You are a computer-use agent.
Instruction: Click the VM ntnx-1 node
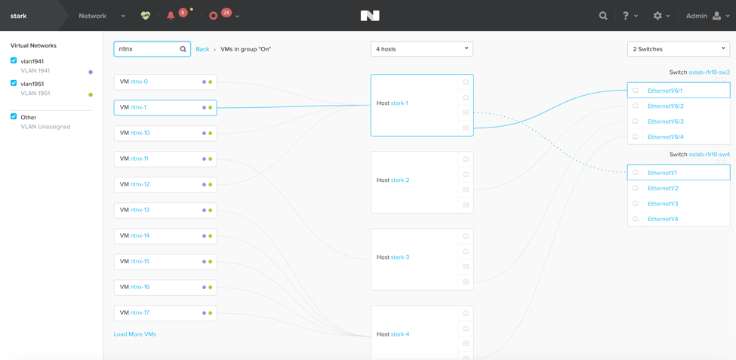[165, 107]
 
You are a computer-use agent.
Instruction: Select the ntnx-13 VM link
[140, 210]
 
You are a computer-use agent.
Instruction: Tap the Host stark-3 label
[393, 257]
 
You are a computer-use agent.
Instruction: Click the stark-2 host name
[400, 180]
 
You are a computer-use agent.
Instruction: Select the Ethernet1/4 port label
[663, 219]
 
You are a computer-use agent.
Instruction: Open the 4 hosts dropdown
[421, 49]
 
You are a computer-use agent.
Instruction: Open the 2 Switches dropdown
[679, 49]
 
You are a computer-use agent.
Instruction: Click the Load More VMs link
[134, 334]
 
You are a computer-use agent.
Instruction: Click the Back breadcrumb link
[202, 49]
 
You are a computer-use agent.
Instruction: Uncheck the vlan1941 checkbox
[14, 60]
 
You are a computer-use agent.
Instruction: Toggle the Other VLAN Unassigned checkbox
[14, 117]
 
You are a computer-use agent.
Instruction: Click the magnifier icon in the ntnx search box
[183, 49]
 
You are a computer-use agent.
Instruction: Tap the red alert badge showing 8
[183, 13]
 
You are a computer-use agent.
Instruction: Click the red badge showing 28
[226, 13]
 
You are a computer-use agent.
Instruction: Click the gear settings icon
[657, 16]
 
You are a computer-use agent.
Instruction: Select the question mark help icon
[626, 16]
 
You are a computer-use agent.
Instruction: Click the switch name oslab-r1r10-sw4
[710, 155]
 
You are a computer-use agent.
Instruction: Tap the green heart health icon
[146, 16]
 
